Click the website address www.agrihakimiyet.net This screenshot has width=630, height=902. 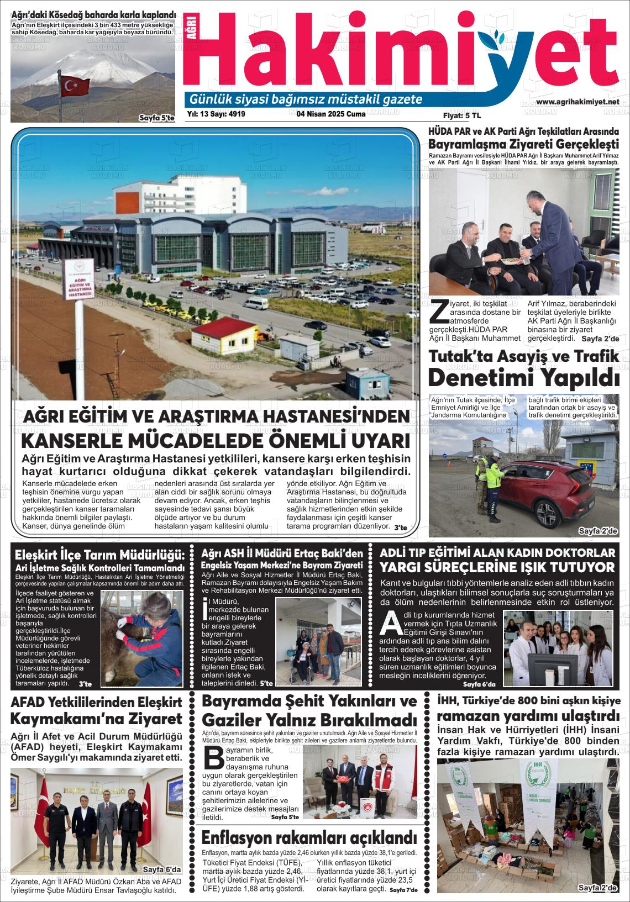coord(577,102)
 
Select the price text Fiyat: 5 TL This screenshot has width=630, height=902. coord(462,115)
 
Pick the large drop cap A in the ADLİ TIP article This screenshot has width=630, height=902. coord(391,623)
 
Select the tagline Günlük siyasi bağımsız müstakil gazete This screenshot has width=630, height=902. coord(306,100)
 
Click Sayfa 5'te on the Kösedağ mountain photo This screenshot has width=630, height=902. coord(156,118)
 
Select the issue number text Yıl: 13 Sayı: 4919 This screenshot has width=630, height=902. coord(216,114)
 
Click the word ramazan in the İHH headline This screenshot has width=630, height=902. coord(469,716)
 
